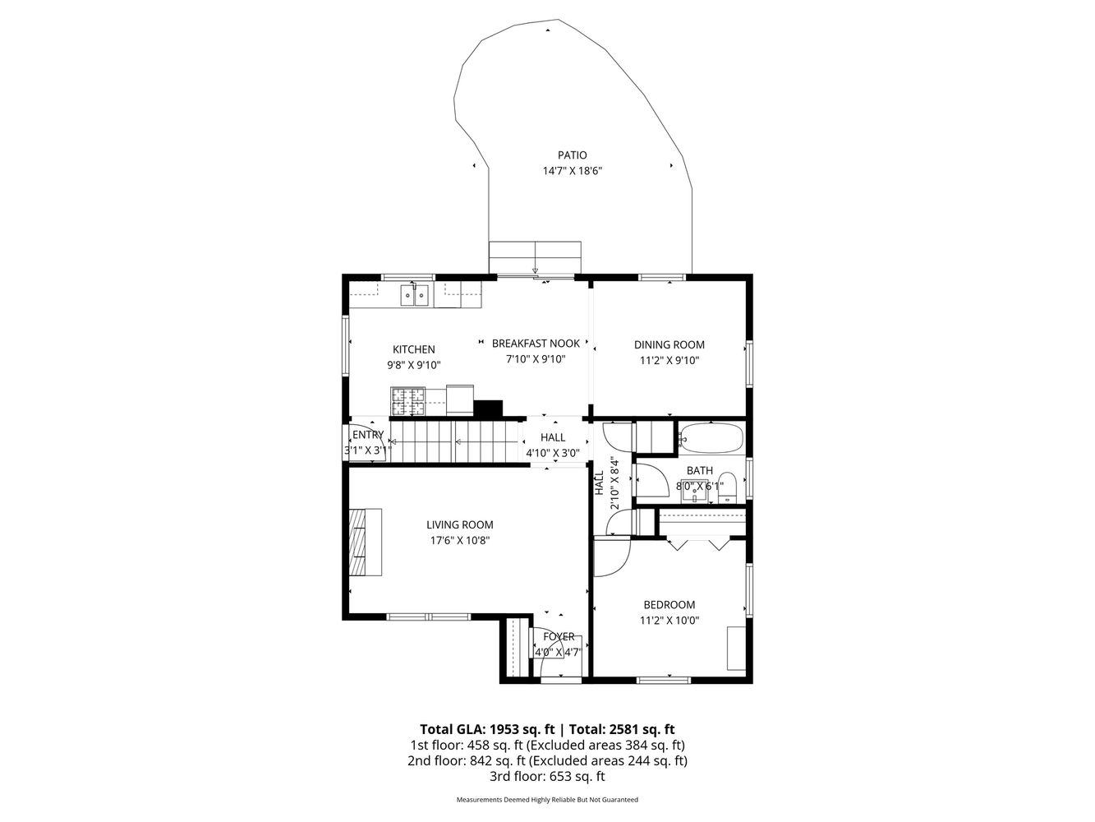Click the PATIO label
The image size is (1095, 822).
point(572,155)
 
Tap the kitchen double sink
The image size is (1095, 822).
point(415,294)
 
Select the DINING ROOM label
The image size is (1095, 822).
point(669,344)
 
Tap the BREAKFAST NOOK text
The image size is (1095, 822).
point(536,343)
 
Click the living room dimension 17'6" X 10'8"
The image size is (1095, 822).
point(460,540)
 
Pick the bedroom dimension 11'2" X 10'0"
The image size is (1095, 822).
point(669,621)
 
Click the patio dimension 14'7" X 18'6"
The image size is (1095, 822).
point(572,171)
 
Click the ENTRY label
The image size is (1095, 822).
point(367,435)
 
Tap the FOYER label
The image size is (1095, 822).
point(559,636)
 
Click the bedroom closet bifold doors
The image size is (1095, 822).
point(697,543)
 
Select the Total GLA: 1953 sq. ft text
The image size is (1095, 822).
point(488,729)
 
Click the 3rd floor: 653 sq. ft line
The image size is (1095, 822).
point(547,776)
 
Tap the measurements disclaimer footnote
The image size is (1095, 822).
point(547,799)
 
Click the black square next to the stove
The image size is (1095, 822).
point(488,408)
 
